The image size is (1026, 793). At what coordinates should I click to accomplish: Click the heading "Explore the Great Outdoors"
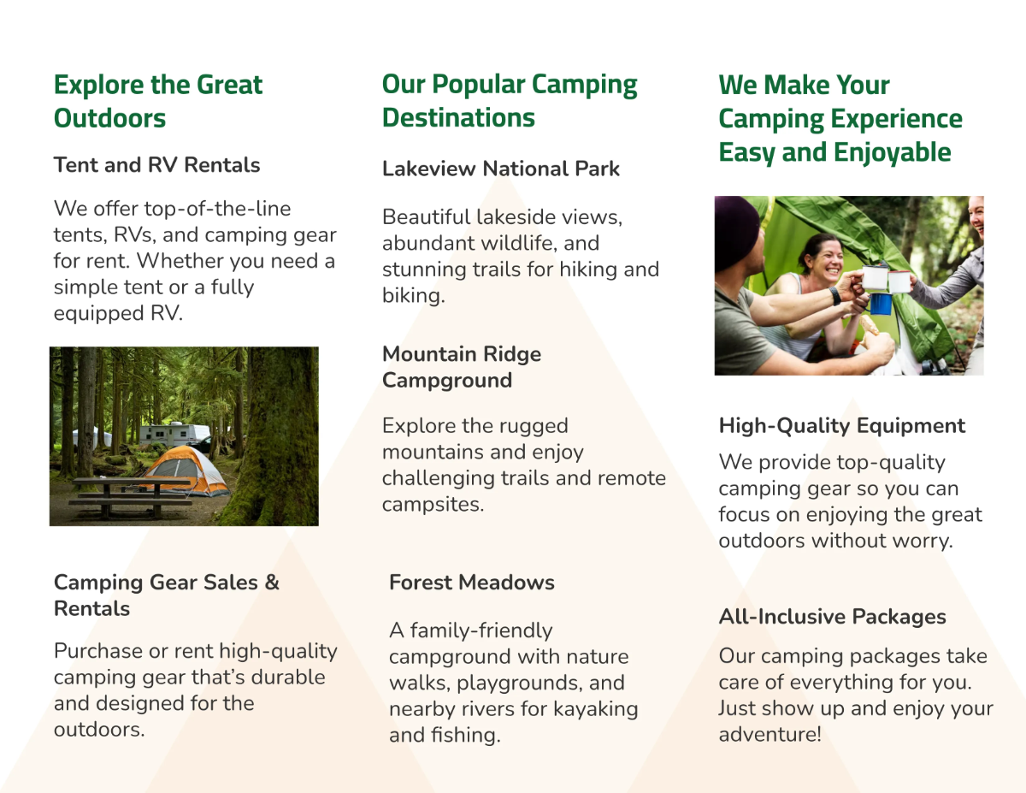pyautogui.click(x=158, y=101)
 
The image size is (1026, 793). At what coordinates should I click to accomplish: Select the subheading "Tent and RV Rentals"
pyautogui.click(x=156, y=165)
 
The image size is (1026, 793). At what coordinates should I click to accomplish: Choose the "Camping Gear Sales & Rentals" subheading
pyautogui.click(x=166, y=595)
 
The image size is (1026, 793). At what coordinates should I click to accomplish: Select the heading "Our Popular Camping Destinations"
pyautogui.click(x=510, y=101)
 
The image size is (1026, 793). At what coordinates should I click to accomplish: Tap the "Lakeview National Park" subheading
pyautogui.click(x=500, y=169)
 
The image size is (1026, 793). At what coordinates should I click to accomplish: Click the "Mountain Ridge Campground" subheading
pyautogui.click(x=462, y=367)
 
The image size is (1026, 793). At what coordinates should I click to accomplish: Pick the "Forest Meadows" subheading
pyautogui.click(x=471, y=583)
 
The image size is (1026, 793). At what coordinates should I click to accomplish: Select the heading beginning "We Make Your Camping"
pyautogui.click(x=840, y=118)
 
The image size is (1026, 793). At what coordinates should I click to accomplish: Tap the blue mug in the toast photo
pyautogui.click(x=880, y=303)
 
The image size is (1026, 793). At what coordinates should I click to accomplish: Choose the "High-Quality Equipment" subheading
pyautogui.click(x=841, y=426)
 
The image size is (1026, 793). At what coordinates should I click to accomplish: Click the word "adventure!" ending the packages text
pyautogui.click(x=769, y=735)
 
